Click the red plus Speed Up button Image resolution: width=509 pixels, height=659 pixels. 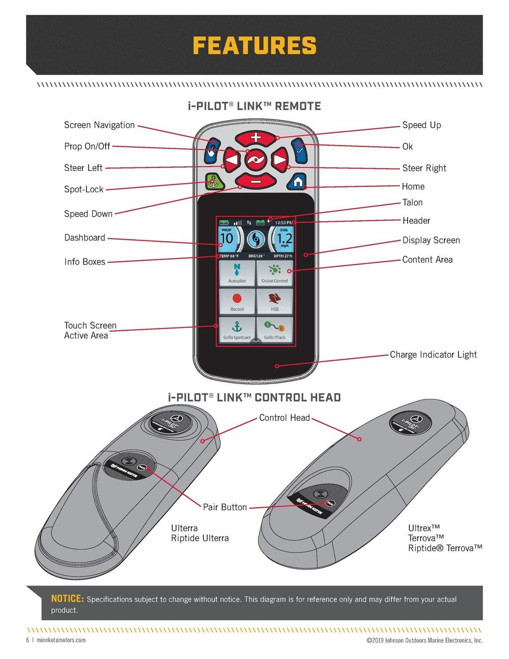click(x=255, y=138)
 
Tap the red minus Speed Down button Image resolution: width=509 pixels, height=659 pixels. click(x=255, y=182)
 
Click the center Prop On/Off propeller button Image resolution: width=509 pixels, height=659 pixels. click(x=255, y=160)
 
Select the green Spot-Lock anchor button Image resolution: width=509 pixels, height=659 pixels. click(x=214, y=182)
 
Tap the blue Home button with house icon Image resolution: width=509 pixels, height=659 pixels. click(x=297, y=182)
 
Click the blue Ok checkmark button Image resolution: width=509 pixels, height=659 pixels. click(x=299, y=150)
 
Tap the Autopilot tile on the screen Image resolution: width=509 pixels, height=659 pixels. click(x=237, y=273)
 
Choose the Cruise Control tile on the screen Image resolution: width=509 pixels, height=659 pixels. click(x=274, y=273)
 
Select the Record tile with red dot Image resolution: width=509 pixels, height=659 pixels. click(x=237, y=301)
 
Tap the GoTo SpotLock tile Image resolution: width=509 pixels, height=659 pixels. click(x=237, y=329)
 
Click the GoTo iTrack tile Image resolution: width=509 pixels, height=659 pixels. click(x=274, y=329)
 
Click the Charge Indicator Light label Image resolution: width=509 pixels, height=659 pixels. click(x=433, y=354)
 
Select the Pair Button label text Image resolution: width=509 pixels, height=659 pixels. click(x=225, y=507)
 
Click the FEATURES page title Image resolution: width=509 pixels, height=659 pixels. click(x=254, y=46)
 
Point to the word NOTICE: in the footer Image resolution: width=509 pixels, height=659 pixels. click(x=67, y=599)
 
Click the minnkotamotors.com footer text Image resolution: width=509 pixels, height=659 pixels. click(x=61, y=640)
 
